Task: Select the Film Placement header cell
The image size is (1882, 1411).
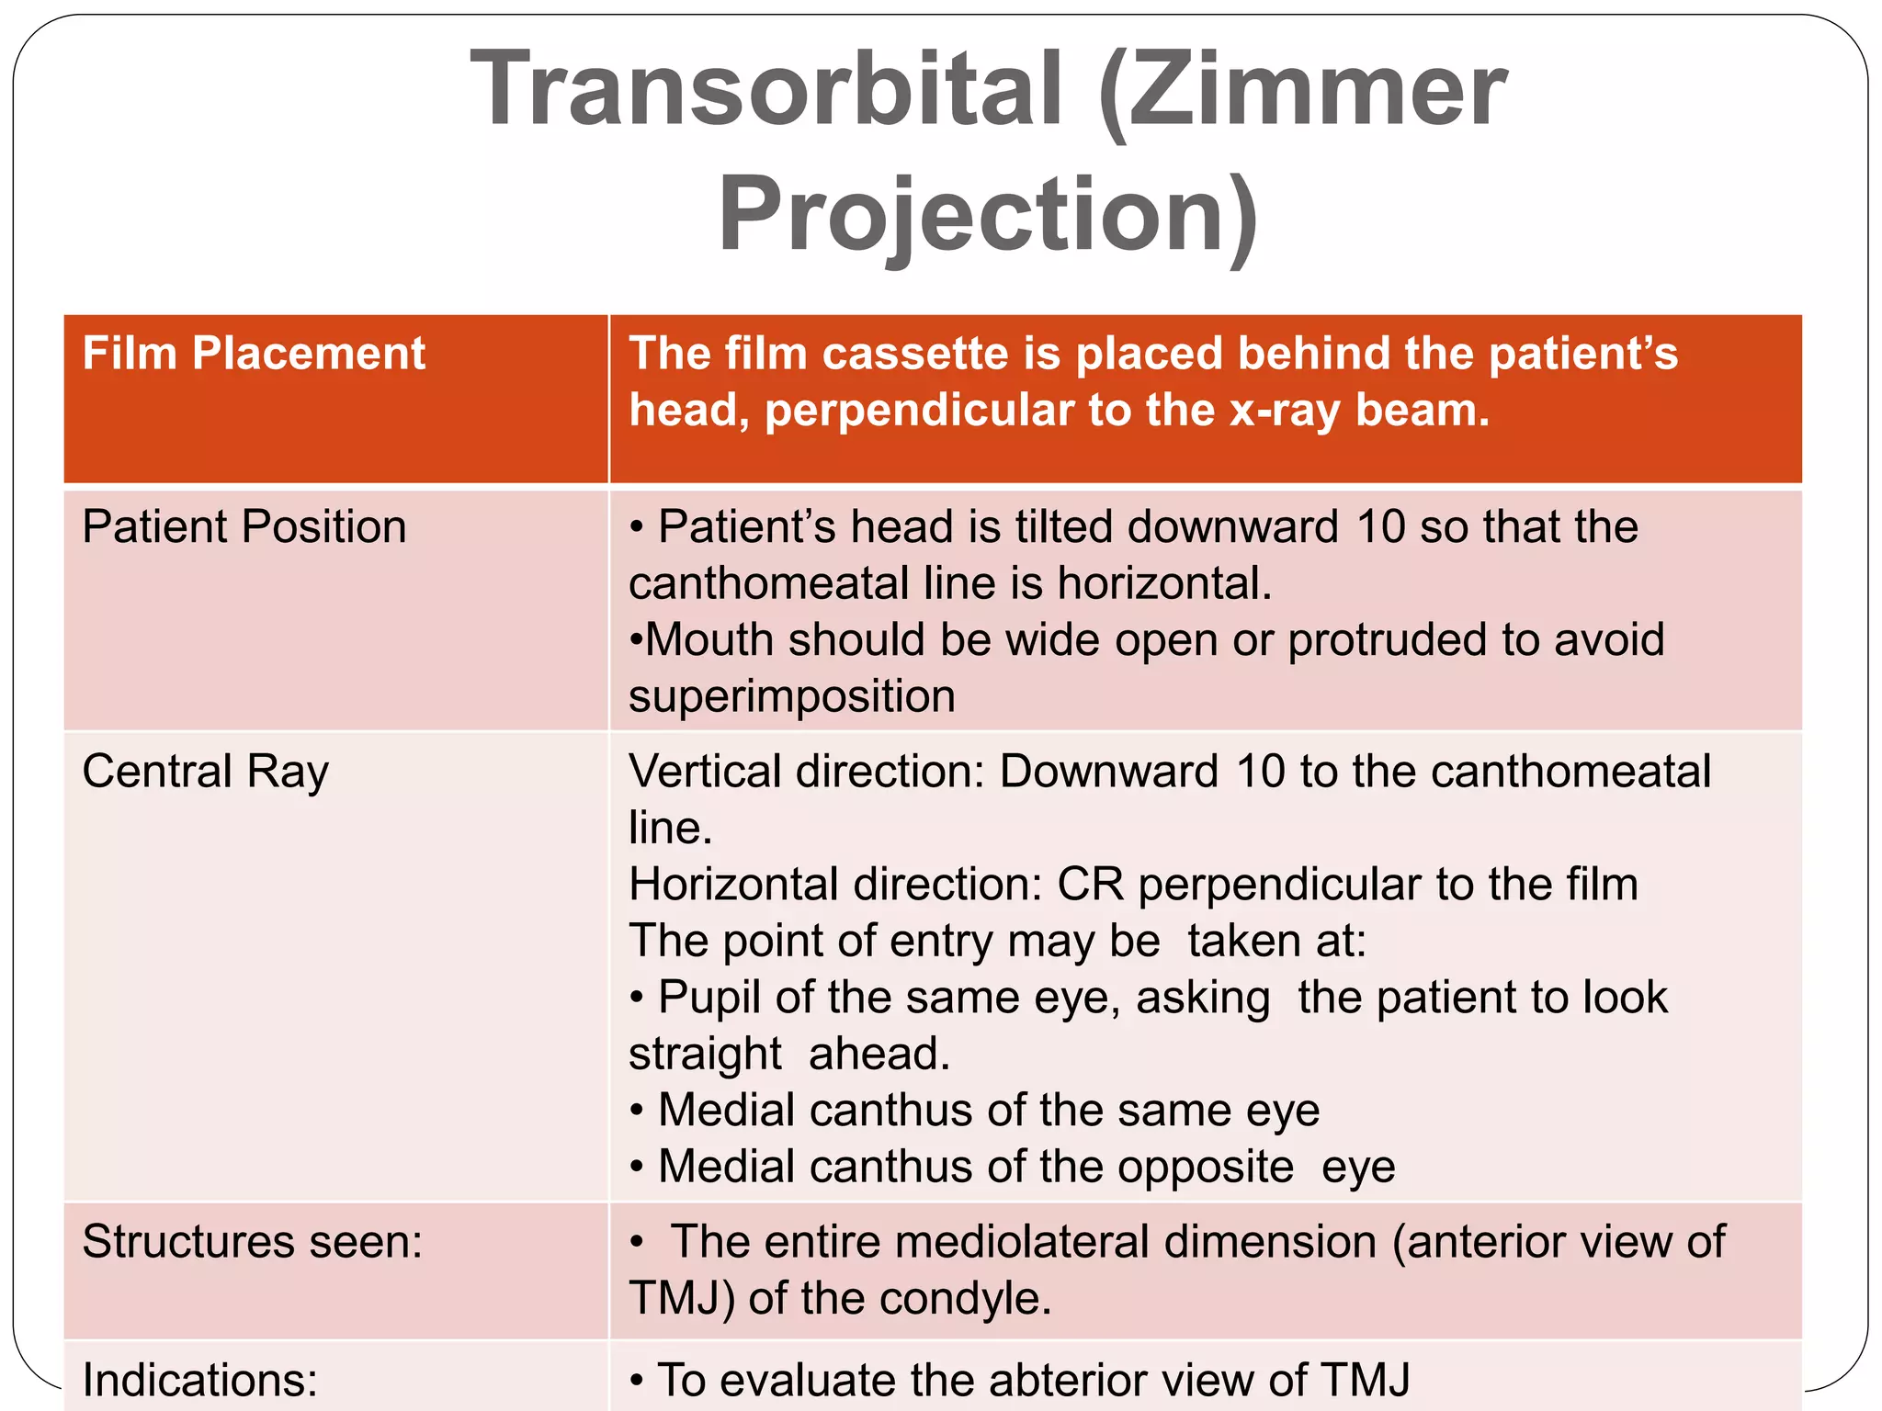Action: point(254,354)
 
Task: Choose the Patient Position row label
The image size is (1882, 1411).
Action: point(244,527)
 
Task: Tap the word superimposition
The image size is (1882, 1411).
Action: point(791,696)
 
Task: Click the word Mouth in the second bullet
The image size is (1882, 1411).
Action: point(709,639)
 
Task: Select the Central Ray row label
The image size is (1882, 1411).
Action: point(205,772)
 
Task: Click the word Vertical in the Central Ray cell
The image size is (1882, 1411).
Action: point(705,772)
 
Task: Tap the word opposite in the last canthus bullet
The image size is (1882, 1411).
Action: point(1205,1167)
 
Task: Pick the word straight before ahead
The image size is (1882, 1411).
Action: point(705,1055)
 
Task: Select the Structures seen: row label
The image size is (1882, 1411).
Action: point(252,1242)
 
